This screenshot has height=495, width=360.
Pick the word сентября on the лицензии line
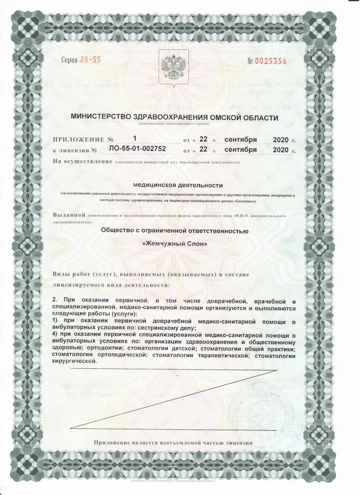click(240, 149)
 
